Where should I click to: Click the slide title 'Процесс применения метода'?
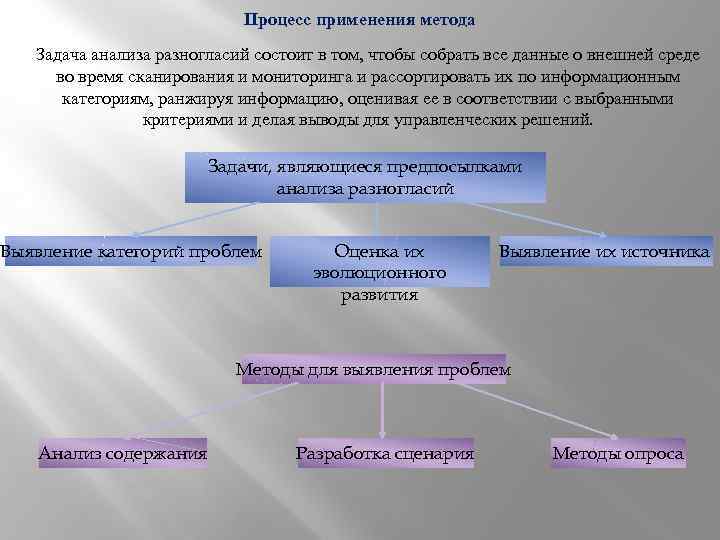coord(359,20)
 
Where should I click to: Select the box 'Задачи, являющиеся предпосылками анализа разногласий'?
coord(364,177)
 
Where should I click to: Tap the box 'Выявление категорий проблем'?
coord(131,252)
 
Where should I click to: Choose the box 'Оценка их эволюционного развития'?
coord(379,273)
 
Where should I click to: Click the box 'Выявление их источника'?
coord(604,252)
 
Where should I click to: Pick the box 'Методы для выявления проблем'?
coord(373,369)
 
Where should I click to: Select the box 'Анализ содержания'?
coord(123,454)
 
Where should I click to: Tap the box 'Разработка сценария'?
coord(385,454)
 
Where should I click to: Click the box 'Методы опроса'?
coord(618,454)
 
